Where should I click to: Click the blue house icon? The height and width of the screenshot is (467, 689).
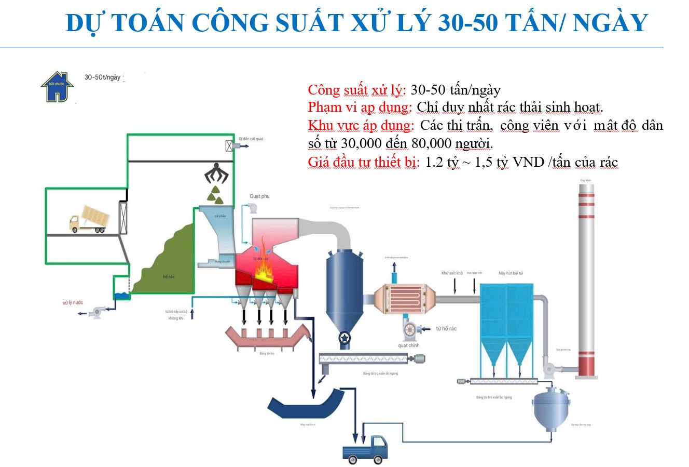coord(57,87)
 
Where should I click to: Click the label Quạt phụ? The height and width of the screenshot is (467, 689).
coord(259,196)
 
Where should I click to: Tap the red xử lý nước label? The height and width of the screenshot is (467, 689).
coord(73,302)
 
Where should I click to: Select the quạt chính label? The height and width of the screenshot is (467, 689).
coord(409,345)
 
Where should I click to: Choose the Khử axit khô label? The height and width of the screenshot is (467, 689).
coord(452,273)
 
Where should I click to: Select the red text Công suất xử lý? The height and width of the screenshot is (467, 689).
coord(356,90)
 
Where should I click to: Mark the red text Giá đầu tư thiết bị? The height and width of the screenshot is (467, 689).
coord(364,162)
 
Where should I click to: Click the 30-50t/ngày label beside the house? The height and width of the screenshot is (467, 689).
coord(102,77)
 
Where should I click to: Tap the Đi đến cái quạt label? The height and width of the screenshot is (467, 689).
coord(251,139)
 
